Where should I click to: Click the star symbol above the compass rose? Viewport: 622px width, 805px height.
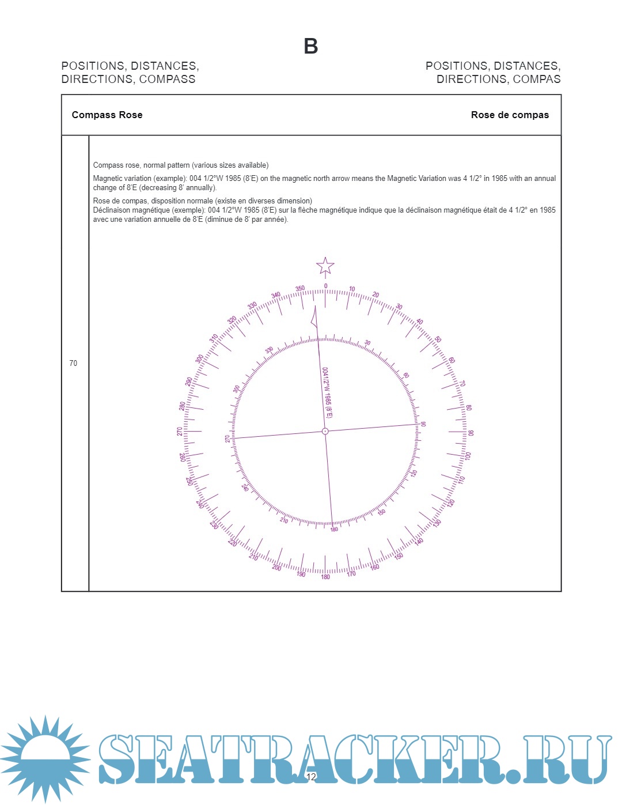[x=325, y=266]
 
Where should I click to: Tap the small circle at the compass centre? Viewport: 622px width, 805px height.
[x=325, y=431]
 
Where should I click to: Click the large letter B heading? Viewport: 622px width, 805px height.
[x=311, y=46]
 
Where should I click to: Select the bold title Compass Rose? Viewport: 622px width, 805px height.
[x=107, y=115]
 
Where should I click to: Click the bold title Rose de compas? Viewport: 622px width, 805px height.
[x=510, y=115]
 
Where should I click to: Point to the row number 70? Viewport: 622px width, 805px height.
[x=73, y=363]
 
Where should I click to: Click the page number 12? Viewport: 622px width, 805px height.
[x=311, y=777]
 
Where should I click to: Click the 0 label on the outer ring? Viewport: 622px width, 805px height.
[x=325, y=286]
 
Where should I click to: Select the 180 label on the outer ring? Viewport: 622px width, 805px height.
[x=325, y=577]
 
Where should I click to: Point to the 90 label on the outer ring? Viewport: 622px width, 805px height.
[x=471, y=433]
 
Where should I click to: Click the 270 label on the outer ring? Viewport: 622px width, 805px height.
[x=180, y=431]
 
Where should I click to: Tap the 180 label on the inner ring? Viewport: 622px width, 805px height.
[x=334, y=529]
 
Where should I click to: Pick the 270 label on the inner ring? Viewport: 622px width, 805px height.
[x=227, y=439]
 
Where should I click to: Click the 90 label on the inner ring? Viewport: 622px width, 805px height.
[x=423, y=424]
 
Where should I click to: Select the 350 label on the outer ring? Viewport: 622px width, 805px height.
[x=300, y=289]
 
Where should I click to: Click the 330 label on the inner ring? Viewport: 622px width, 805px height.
[x=269, y=350]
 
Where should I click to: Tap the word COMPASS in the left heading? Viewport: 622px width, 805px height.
[x=167, y=80]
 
